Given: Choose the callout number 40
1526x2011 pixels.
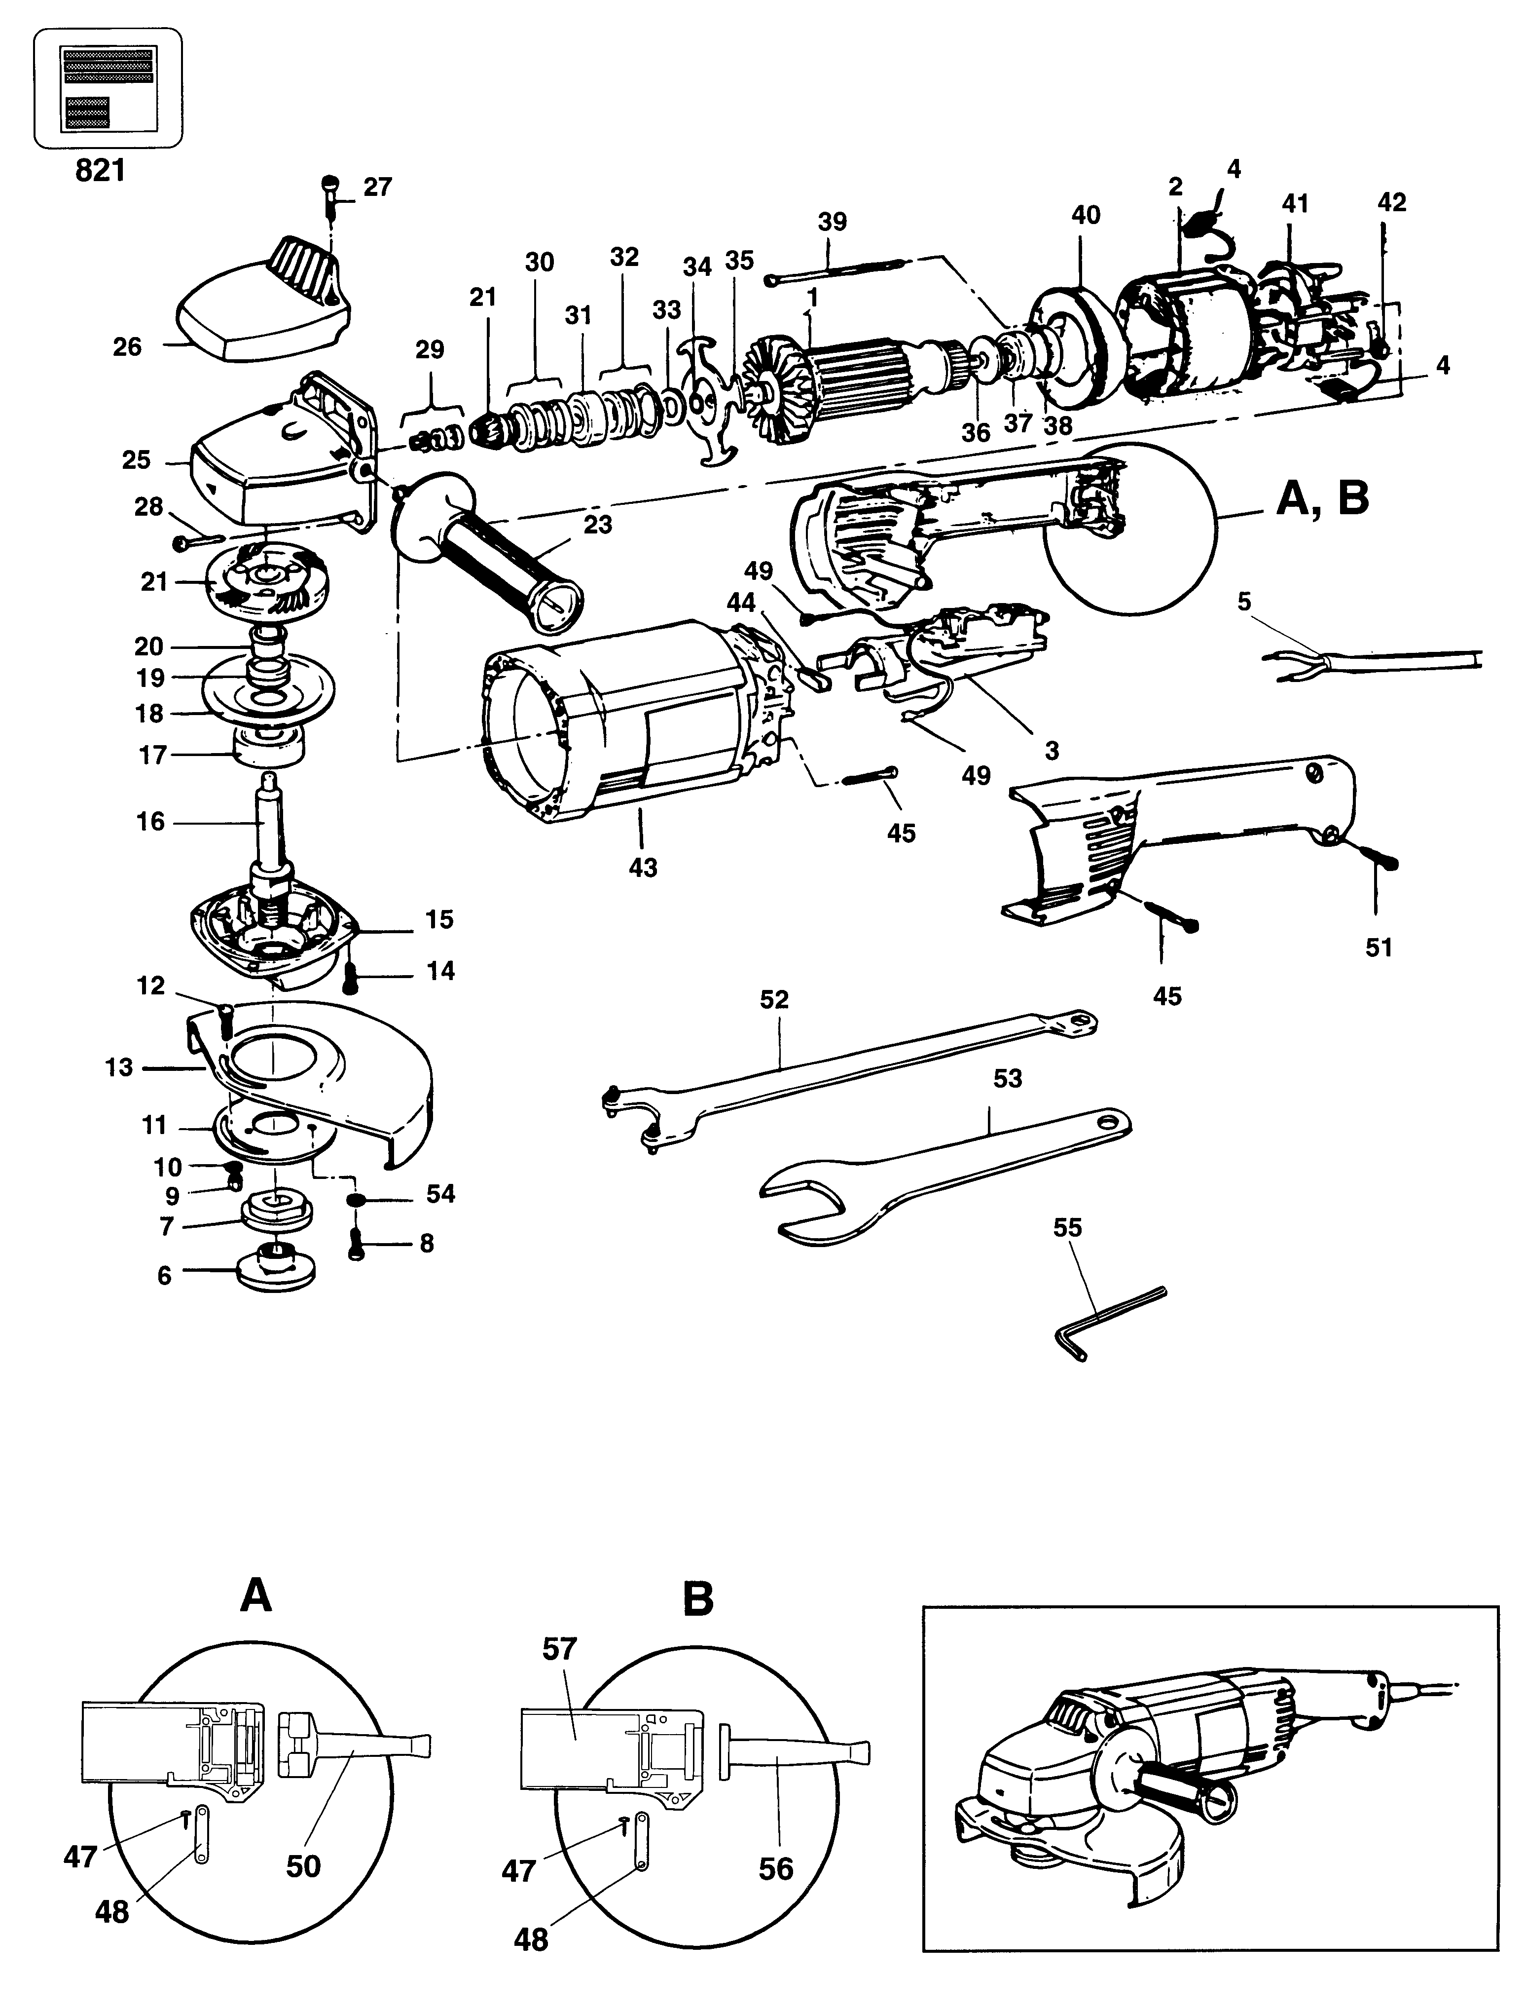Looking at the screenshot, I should pos(1085,216).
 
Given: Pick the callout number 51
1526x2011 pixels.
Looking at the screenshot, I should pos(1379,947).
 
